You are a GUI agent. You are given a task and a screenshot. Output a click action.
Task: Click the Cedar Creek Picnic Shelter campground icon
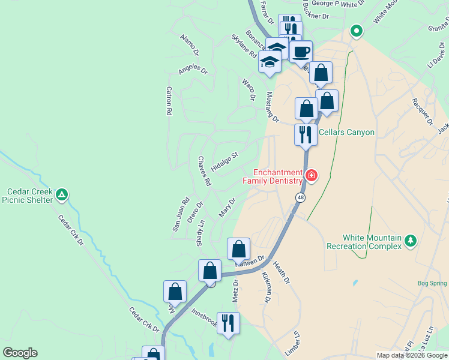point(61,194)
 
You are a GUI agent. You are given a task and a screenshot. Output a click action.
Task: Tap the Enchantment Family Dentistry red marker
point(312,176)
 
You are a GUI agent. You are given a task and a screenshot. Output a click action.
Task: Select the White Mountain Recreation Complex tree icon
point(411,241)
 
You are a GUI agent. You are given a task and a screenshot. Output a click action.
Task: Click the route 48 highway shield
point(299,197)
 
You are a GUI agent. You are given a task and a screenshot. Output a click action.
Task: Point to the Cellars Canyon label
point(346,133)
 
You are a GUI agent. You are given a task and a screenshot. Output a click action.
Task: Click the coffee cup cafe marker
point(301,51)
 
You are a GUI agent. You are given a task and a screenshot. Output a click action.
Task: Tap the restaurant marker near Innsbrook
point(228,323)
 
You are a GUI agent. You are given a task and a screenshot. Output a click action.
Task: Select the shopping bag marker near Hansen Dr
point(238,248)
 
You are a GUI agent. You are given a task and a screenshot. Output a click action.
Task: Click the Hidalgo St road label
point(224,162)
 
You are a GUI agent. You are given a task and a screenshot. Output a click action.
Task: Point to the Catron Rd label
point(169,100)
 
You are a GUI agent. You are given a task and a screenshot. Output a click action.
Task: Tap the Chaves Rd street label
point(205,170)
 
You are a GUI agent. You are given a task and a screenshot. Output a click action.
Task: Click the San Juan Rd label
point(181,214)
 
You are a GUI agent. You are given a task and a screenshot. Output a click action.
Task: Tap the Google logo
point(20,353)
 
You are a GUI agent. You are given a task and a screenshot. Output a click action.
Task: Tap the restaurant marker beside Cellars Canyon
point(306,134)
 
